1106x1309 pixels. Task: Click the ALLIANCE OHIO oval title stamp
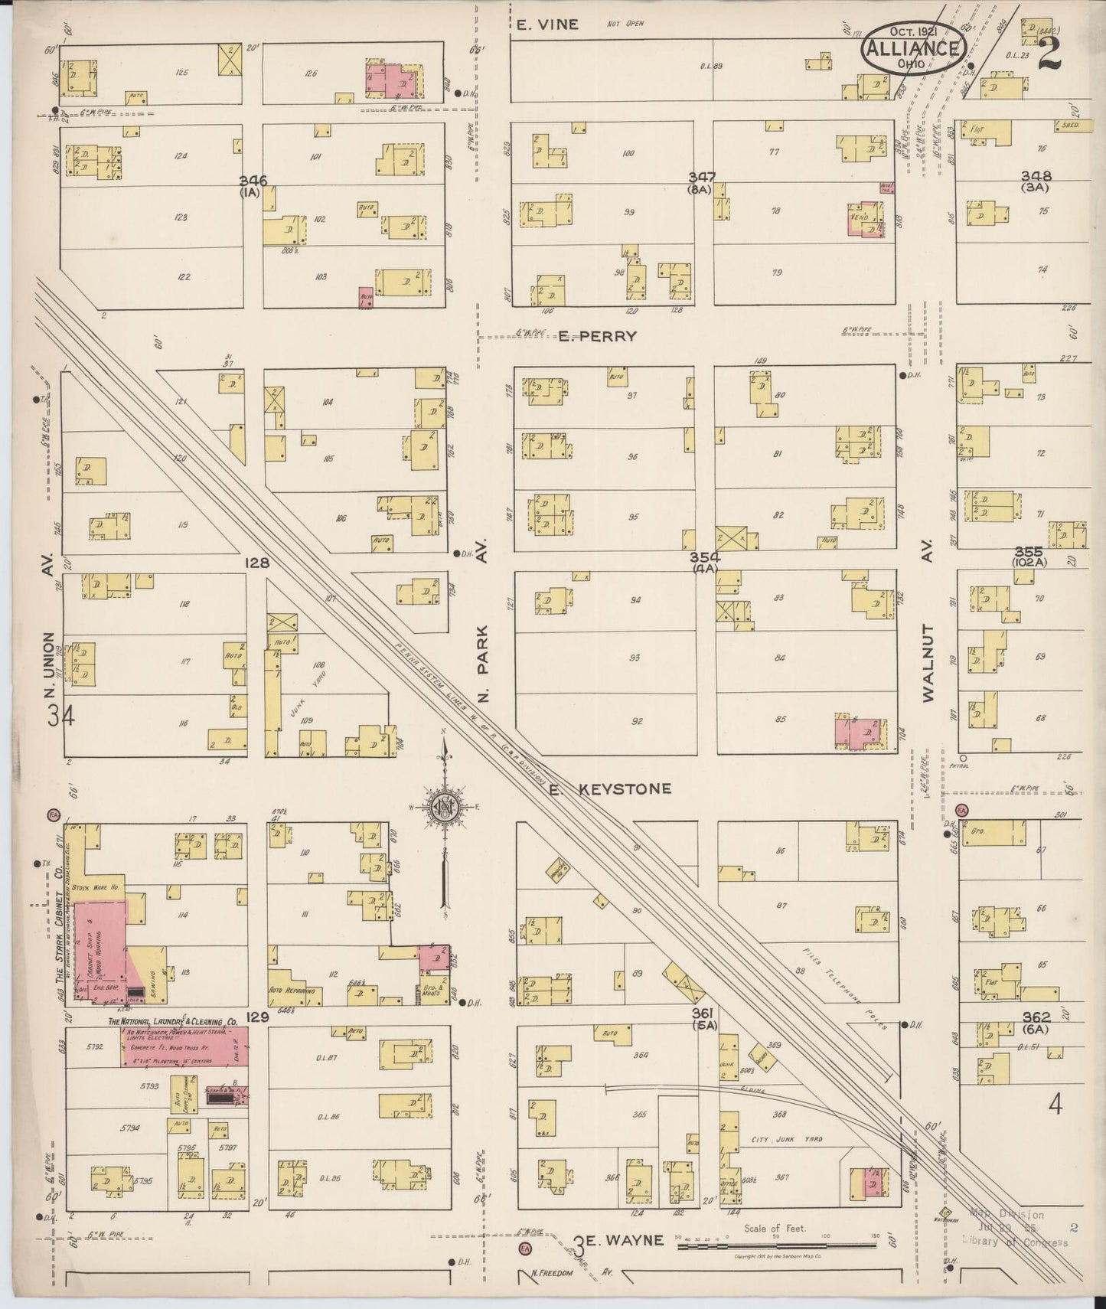pos(913,48)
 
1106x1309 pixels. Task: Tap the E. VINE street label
pos(546,24)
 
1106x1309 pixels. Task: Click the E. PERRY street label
pos(597,335)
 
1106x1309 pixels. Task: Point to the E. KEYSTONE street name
pos(610,788)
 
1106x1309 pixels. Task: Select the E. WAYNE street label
pos(619,1240)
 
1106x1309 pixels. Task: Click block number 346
pos(253,181)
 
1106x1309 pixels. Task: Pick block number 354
pos(704,557)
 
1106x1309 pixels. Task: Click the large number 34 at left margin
pos(60,716)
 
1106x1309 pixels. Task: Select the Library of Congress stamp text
pos(1014,1242)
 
